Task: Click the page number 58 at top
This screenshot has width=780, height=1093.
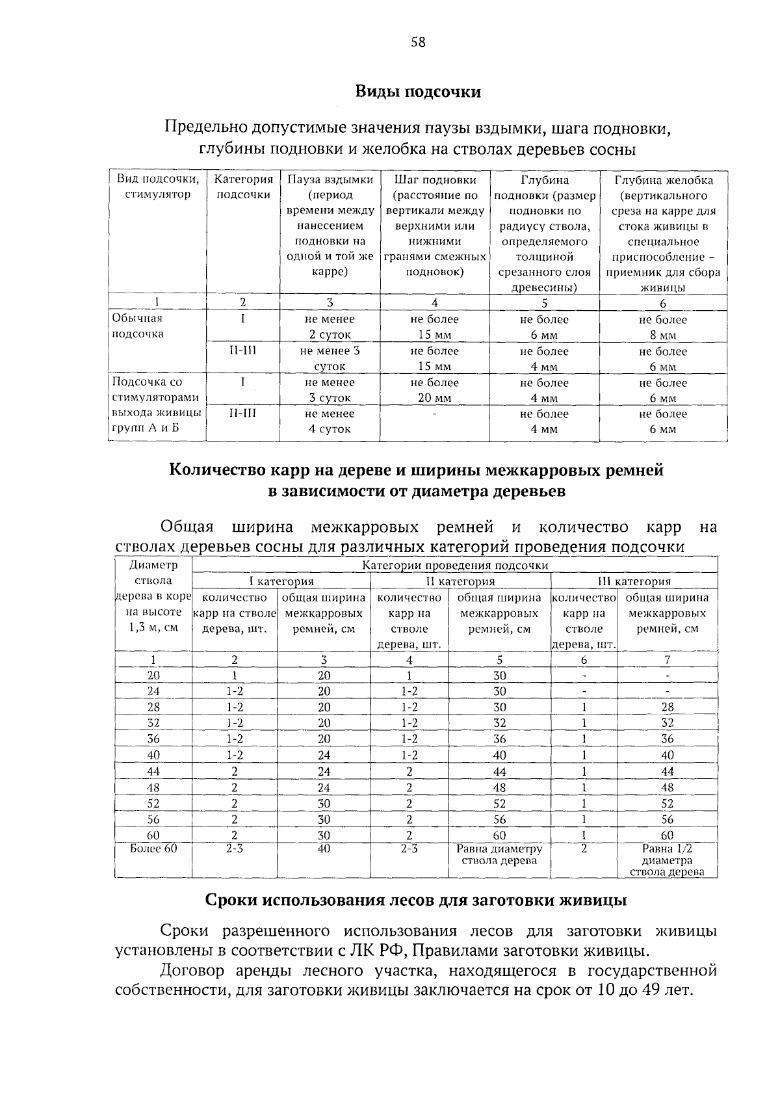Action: click(x=418, y=42)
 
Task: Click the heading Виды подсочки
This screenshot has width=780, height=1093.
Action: click(x=418, y=92)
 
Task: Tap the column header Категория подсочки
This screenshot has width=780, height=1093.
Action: click(x=243, y=187)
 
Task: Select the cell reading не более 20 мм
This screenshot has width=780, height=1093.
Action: click(x=434, y=390)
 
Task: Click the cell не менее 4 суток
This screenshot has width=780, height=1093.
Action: click(x=330, y=421)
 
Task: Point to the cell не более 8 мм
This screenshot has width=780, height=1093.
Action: click(x=662, y=327)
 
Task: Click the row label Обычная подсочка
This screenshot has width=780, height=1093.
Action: click(x=138, y=326)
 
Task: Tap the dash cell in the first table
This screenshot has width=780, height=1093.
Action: click(x=434, y=414)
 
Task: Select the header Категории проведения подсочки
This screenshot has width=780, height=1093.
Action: click(x=455, y=566)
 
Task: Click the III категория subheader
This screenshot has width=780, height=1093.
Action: click(x=634, y=581)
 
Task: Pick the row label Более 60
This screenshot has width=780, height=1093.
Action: click(x=153, y=849)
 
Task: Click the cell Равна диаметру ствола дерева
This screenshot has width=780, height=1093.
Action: click(x=499, y=855)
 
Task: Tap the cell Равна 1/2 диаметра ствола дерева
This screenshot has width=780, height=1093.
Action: click(x=667, y=860)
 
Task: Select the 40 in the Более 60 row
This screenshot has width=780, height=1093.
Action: click(x=324, y=849)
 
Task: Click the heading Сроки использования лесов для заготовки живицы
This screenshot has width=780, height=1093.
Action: click(x=416, y=901)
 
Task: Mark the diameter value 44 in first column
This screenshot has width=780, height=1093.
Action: click(x=153, y=771)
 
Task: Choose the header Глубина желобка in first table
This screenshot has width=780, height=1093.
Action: click(x=663, y=180)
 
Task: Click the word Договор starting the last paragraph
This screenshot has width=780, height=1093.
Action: click(x=192, y=971)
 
